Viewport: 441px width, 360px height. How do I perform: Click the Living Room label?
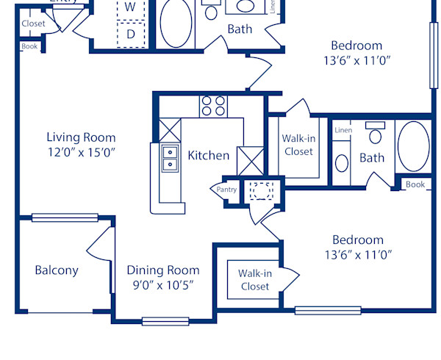click(x=81, y=137)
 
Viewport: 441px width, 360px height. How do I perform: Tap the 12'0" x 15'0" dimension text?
click(x=81, y=153)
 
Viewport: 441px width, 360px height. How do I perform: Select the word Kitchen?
click(x=209, y=155)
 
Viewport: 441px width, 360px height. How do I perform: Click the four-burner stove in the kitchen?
click(x=213, y=107)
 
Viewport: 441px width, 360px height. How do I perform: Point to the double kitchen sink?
click(x=170, y=158)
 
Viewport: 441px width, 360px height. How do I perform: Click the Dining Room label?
click(x=162, y=270)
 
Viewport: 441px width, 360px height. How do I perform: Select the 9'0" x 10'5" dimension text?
click(x=162, y=286)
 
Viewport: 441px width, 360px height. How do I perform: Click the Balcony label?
click(x=57, y=270)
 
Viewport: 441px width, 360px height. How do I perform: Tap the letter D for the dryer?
click(x=131, y=34)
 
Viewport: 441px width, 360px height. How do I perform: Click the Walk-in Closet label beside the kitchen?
click(x=298, y=145)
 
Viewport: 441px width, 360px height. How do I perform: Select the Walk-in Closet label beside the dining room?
click(x=254, y=280)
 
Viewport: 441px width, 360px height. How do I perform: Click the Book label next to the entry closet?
click(x=29, y=46)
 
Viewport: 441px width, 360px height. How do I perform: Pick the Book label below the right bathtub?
click(x=415, y=184)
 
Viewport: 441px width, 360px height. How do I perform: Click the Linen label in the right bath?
click(x=343, y=131)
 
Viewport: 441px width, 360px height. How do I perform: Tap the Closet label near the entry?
click(x=33, y=24)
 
